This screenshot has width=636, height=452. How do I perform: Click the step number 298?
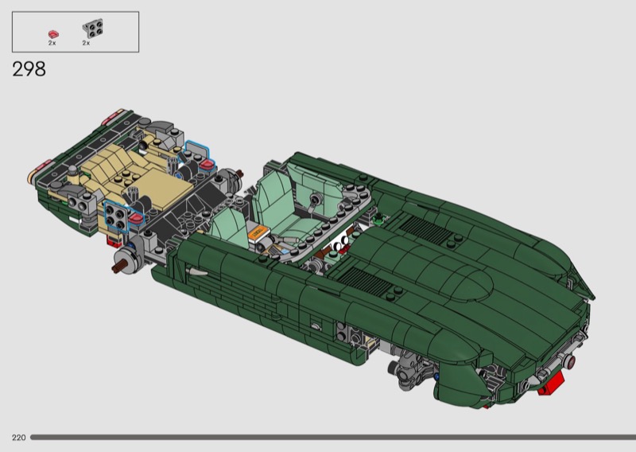click(29, 69)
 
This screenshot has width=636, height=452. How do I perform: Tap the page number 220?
click(18, 438)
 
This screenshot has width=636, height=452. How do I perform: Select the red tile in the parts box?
click(53, 34)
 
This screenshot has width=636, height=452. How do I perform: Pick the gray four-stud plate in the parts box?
click(92, 29)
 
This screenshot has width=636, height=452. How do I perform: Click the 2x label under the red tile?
click(52, 43)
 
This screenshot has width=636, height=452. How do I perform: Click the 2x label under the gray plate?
click(86, 43)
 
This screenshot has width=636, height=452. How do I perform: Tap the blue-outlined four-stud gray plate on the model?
click(116, 216)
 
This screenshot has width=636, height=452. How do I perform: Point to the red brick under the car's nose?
click(552, 384)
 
